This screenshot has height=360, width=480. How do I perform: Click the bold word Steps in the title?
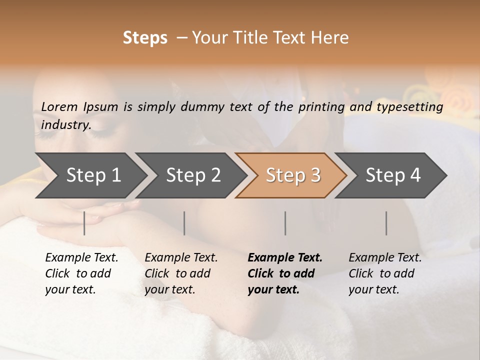click(x=145, y=38)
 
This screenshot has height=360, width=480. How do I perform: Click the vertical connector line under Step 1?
click(x=84, y=223)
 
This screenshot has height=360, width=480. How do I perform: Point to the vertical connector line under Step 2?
click(x=184, y=223)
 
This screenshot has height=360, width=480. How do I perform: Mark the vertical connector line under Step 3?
click(x=285, y=223)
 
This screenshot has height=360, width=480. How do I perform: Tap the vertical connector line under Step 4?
click(x=386, y=223)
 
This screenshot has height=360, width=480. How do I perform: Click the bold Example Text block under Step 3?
click(x=285, y=273)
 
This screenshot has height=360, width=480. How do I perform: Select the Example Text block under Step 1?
click(x=81, y=273)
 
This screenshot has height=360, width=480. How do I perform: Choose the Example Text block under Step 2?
click(x=181, y=273)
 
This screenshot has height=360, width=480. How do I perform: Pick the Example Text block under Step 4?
click(x=385, y=273)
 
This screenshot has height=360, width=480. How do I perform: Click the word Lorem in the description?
click(x=59, y=107)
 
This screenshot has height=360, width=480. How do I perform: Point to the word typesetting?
click(x=409, y=107)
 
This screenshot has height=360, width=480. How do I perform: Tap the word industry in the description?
click(x=65, y=125)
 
